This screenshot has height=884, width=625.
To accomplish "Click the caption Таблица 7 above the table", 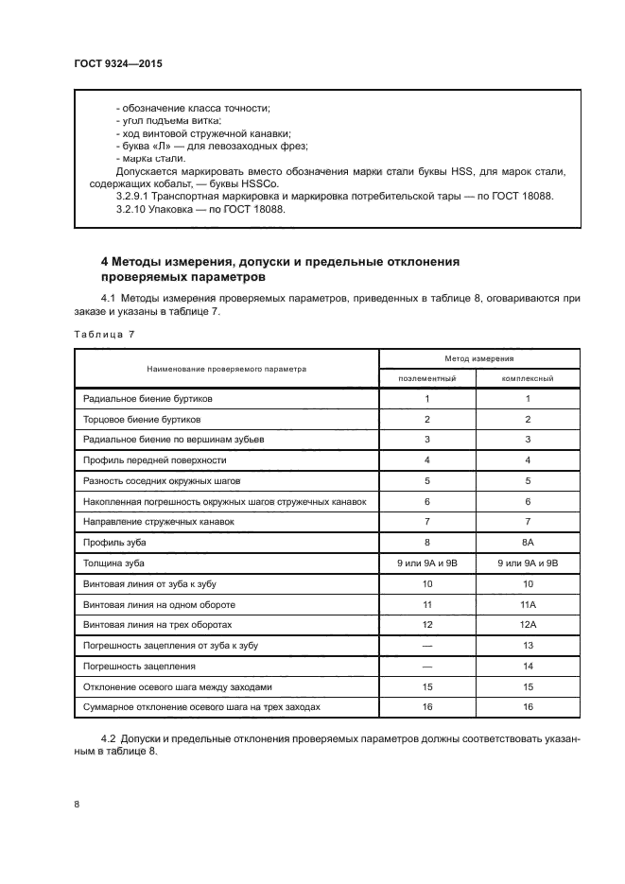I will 105,334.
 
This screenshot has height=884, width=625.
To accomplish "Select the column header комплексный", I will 528,377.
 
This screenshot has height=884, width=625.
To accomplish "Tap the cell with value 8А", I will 528,542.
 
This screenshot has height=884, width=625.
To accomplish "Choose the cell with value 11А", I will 528,604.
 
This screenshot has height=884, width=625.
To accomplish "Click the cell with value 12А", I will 528,625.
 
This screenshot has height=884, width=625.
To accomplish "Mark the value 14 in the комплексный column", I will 528,666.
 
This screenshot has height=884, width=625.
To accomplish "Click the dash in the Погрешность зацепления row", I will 427,666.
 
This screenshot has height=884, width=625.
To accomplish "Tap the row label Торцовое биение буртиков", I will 141,419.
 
